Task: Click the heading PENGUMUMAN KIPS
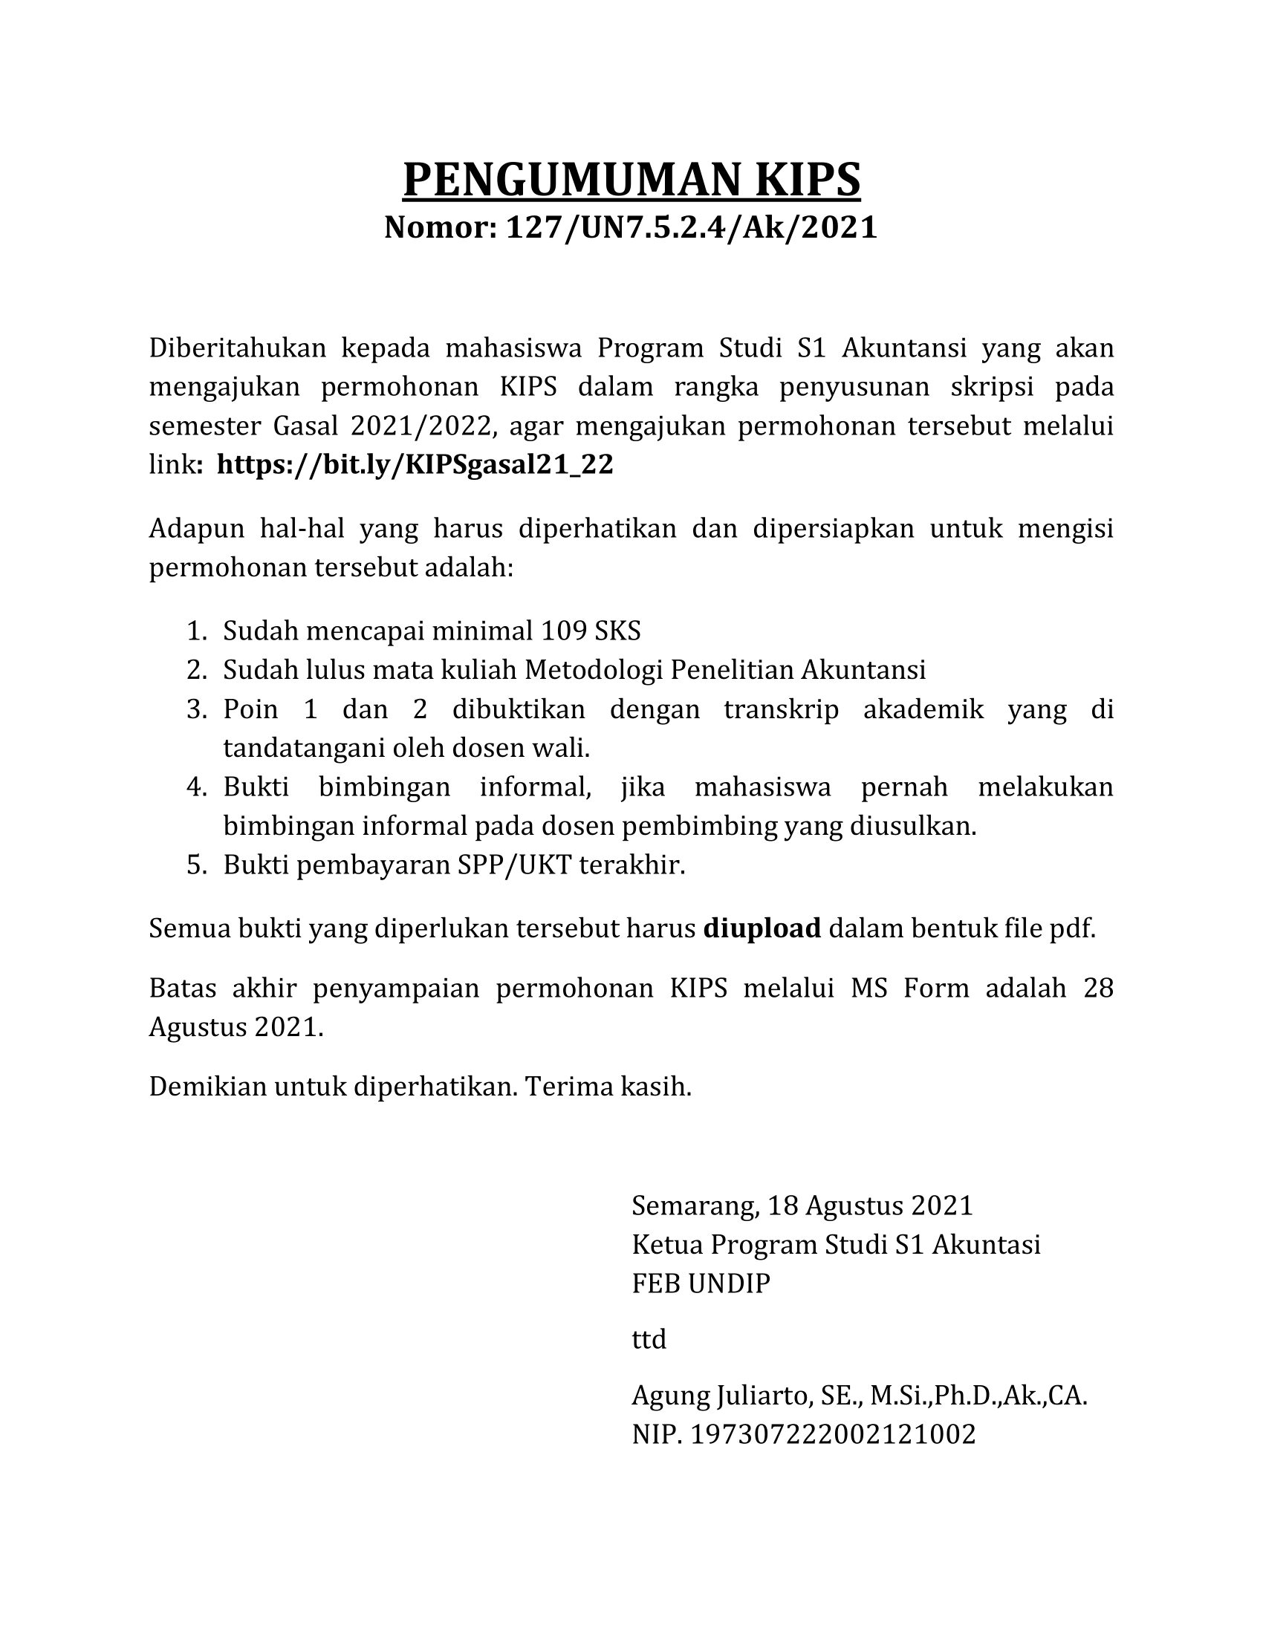[631, 179]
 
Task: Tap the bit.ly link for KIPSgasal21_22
[415, 465]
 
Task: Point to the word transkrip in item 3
[781, 709]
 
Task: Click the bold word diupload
[762, 928]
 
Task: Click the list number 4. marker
[196, 787]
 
